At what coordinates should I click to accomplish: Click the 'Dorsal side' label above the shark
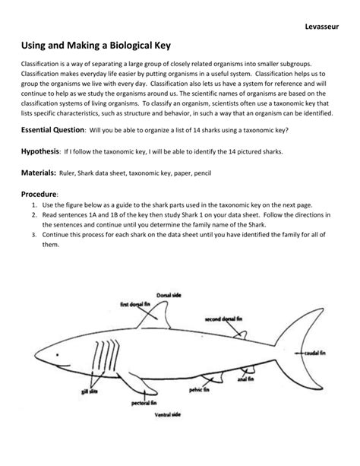(169, 294)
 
